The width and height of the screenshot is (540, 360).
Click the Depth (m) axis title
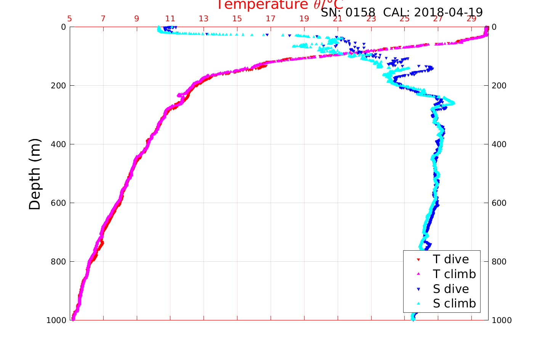(35, 174)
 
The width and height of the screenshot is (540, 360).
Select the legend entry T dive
(450, 259)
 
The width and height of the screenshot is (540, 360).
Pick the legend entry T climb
(454, 274)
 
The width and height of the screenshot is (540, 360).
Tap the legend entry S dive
(450, 289)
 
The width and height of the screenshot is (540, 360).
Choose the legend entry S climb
(454, 304)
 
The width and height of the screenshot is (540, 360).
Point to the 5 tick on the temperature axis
(70, 19)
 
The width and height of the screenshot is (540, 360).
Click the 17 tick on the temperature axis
(271, 19)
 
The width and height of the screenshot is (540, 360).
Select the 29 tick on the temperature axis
(471, 19)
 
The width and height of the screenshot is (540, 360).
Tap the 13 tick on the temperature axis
(204, 19)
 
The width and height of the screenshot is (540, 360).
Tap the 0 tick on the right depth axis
(494, 27)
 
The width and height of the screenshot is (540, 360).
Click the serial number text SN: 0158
(348, 13)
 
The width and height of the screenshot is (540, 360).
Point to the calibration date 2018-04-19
(448, 13)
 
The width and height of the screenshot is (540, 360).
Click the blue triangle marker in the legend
(418, 289)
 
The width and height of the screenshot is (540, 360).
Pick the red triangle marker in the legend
(418, 260)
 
